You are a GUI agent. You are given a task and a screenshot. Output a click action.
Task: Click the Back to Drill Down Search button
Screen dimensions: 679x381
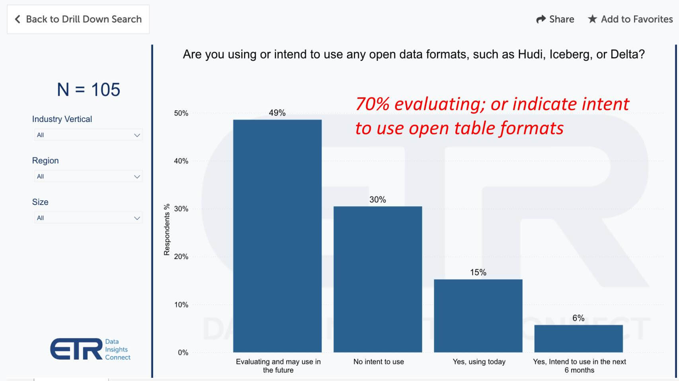tap(78, 19)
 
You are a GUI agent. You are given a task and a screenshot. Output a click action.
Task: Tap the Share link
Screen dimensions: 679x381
tap(555, 19)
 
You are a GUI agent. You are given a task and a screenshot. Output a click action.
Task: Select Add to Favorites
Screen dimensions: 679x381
tap(630, 19)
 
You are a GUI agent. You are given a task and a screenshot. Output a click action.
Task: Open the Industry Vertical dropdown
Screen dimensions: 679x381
tap(88, 135)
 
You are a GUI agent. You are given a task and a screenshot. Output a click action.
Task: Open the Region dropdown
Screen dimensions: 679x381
tap(88, 176)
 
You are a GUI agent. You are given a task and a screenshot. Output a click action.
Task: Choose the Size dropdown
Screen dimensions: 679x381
tap(88, 218)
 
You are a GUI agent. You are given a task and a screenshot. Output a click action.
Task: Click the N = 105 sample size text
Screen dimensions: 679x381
tap(88, 89)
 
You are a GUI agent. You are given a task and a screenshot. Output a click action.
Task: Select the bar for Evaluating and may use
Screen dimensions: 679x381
tap(277, 236)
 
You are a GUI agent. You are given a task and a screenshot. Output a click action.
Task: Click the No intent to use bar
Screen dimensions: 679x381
tap(378, 279)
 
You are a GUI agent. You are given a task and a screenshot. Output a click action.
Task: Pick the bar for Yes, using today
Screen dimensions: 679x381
tap(478, 315)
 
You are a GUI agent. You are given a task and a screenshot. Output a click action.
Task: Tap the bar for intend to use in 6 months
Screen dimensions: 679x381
tap(578, 338)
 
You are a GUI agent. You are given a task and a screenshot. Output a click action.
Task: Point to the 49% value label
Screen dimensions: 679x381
tap(277, 113)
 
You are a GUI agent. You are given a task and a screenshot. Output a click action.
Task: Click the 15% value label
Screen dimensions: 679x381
tap(478, 273)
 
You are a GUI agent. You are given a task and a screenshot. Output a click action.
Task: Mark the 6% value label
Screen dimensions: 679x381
tap(578, 318)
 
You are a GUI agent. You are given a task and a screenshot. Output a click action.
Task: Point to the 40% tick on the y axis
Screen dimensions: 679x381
tap(181, 161)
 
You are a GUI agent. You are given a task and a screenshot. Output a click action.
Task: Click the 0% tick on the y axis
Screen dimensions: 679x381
tap(183, 352)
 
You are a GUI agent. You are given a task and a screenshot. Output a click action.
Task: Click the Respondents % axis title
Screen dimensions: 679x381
tap(167, 230)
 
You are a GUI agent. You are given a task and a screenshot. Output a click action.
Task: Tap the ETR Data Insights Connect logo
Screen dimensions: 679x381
tap(90, 349)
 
